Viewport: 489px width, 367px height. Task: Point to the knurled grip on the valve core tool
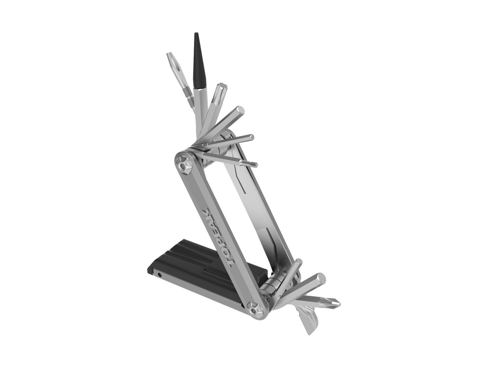tap(188, 95)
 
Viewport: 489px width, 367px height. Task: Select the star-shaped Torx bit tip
tap(222, 87)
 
